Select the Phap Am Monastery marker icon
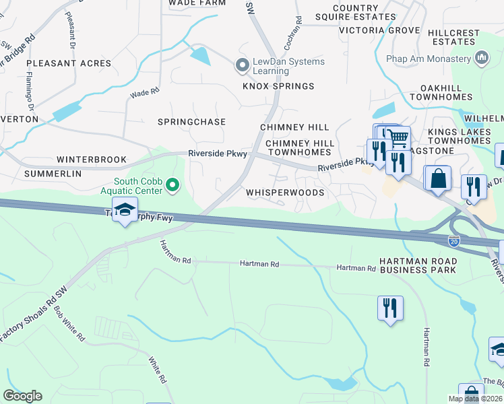pyautogui.click(x=481, y=59)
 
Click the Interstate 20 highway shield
pyautogui.click(x=454, y=241)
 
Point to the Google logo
pyautogui.click(x=22, y=395)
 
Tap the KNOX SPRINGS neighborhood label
pyautogui.click(x=278, y=86)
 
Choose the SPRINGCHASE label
pyautogui.click(x=191, y=122)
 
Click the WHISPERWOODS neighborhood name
pyautogui.click(x=285, y=193)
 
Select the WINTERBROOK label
pyautogui.click(x=92, y=160)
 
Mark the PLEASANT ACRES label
pyautogui.click(x=69, y=63)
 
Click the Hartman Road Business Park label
pyautogui.click(x=417, y=265)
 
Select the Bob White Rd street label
pyautogui.click(x=69, y=323)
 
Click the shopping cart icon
pyautogui.click(x=398, y=139)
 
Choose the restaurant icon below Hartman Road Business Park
pyautogui.click(x=390, y=308)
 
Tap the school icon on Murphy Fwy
pyautogui.click(x=125, y=209)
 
